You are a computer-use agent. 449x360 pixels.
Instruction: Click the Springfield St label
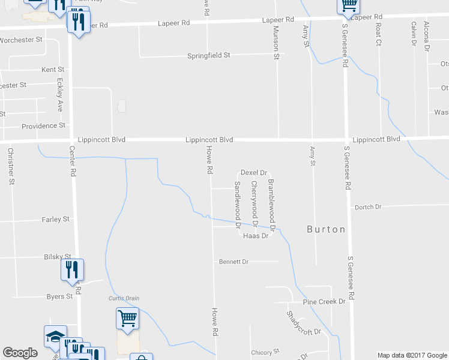(210, 56)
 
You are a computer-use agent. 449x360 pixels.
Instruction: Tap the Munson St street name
(276, 42)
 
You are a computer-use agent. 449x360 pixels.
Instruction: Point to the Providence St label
(43, 126)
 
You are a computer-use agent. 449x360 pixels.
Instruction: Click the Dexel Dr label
(253, 173)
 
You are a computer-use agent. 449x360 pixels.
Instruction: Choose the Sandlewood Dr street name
(238, 204)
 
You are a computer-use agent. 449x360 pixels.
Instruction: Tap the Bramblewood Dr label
(271, 205)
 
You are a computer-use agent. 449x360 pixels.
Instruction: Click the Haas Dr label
(255, 236)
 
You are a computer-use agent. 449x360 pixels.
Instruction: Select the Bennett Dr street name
(234, 262)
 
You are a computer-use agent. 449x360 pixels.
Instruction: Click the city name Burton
(326, 229)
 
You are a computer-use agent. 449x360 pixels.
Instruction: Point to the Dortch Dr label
(368, 207)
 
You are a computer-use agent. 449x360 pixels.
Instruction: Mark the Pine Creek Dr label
(324, 302)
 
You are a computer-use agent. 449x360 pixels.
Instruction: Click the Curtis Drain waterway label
(124, 298)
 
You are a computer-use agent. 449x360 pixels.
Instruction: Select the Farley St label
(56, 220)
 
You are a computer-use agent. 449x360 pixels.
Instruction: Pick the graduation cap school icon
(55, 336)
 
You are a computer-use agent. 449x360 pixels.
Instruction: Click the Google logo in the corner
(20, 353)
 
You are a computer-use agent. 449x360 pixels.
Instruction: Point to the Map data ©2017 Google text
(412, 355)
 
